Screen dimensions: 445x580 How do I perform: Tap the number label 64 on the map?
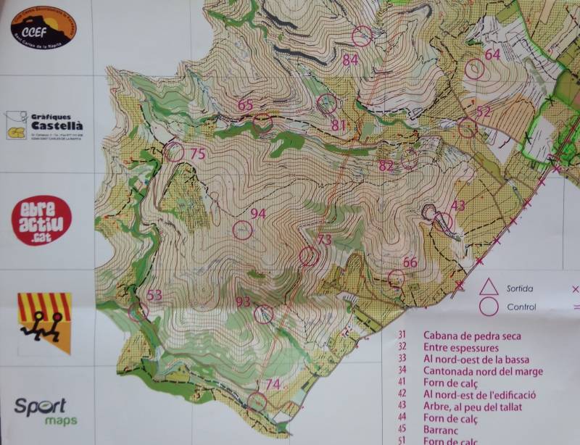[492, 54]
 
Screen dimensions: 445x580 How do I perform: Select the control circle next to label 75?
[174, 152]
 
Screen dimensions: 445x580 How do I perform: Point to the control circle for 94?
[241, 230]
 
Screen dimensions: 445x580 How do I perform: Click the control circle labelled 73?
[309, 256]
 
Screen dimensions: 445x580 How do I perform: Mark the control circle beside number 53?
[138, 312]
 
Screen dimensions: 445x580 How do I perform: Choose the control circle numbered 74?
[257, 402]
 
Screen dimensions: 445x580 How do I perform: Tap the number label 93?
[243, 301]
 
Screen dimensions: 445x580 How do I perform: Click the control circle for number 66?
[396, 278]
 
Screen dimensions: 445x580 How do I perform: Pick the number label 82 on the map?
[386, 166]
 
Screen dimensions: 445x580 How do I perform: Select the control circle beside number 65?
[262, 121]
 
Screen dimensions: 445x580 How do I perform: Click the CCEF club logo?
[43, 30]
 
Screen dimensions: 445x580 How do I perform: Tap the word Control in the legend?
[522, 307]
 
